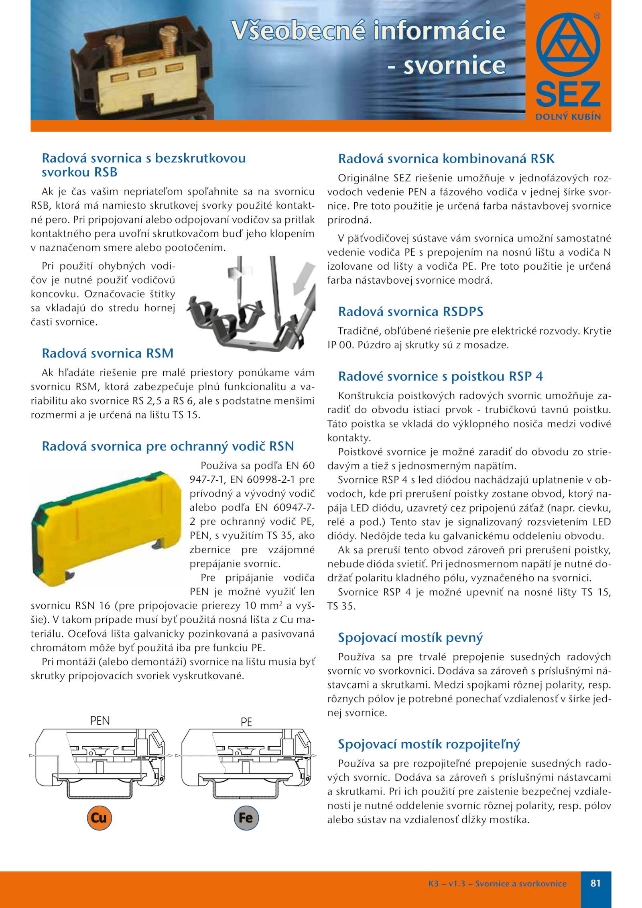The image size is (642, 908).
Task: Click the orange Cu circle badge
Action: point(99,818)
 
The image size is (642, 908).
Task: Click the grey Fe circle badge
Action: point(246,818)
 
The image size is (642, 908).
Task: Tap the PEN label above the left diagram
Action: point(100,721)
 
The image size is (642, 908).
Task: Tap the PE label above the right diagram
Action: point(246,722)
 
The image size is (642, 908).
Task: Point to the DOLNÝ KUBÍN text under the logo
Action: point(568,117)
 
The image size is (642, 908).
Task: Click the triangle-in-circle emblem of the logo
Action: point(568,45)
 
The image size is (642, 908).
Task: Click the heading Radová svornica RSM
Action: point(108,353)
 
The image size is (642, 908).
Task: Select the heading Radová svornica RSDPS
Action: point(410,311)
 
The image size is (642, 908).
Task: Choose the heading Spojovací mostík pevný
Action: point(410,637)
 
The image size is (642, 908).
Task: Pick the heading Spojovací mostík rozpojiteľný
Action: point(429,744)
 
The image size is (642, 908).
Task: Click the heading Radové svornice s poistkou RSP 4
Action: point(440,376)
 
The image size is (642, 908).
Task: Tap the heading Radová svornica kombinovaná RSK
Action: point(446,158)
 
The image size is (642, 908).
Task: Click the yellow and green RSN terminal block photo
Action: point(106,528)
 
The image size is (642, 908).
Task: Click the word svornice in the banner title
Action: point(454,65)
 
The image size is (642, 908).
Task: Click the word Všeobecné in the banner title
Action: point(298,30)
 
